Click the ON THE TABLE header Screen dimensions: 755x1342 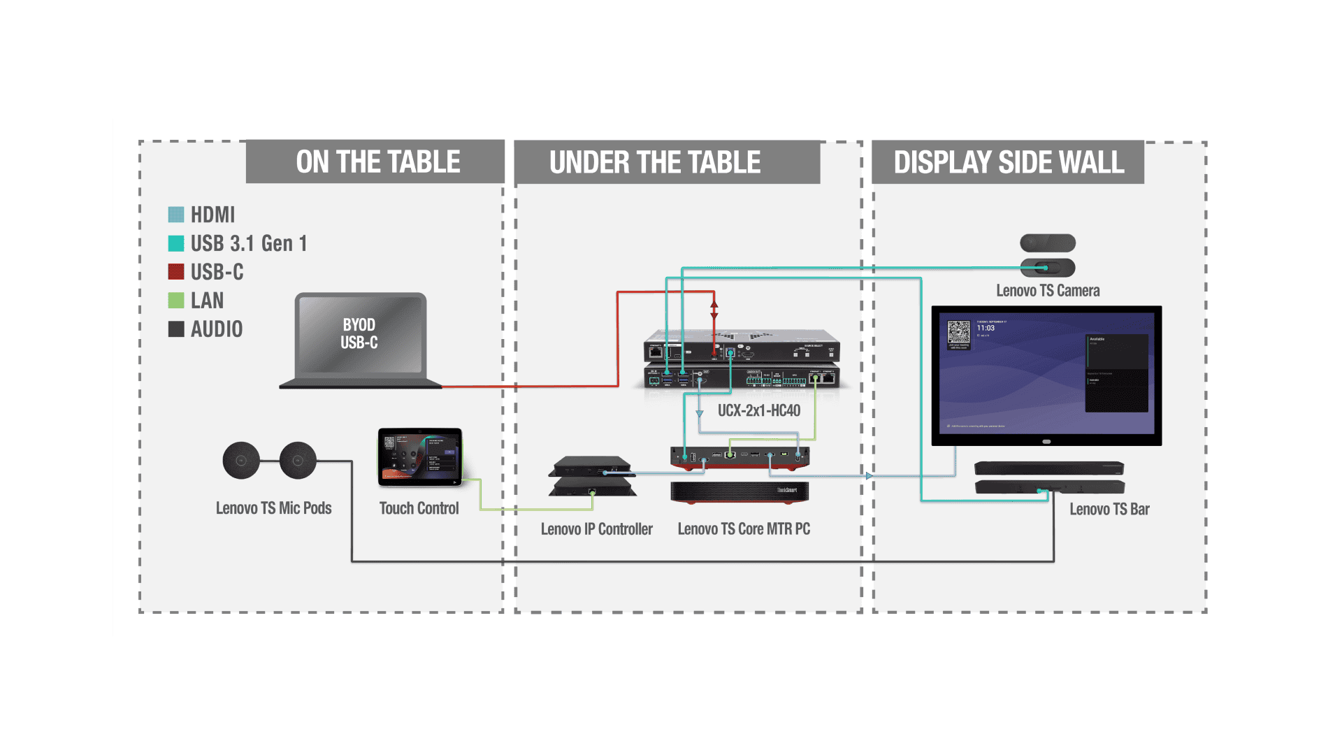(x=377, y=162)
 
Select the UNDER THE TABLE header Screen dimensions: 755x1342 (x=655, y=163)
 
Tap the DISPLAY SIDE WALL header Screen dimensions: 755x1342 (x=1009, y=163)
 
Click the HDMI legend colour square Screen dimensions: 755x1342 (x=176, y=215)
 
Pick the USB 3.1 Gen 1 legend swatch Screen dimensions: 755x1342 (x=176, y=243)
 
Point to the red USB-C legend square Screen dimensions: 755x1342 (x=176, y=272)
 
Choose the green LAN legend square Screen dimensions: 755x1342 (x=176, y=301)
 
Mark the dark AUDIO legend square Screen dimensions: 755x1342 (x=176, y=329)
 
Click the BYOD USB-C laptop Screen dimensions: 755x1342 (x=359, y=336)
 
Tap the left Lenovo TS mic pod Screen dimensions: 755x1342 (x=241, y=460)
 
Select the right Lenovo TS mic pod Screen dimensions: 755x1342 (x=298, y=460)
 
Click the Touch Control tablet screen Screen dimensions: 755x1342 (x=419, y=456)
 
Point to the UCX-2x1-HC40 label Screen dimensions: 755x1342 (x=759, y=411)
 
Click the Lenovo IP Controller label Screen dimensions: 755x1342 (x=596, y=529)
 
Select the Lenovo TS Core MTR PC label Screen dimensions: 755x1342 (x=744, y=529)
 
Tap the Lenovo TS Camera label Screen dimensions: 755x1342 (x=1048, y=291)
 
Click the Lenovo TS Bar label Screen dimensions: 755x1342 (x=1109, y=510)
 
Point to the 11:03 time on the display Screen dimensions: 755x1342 (x=986, y=328)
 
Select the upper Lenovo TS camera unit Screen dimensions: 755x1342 (x=1047, y=243)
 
